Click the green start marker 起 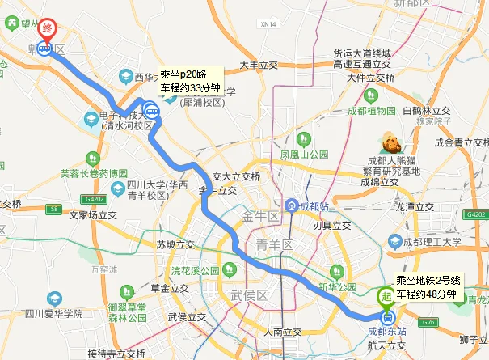pos(386,296)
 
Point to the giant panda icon pos(392,143)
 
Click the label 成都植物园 pos(371,110)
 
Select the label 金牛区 pos(260,216)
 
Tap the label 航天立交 pos(384,345)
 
